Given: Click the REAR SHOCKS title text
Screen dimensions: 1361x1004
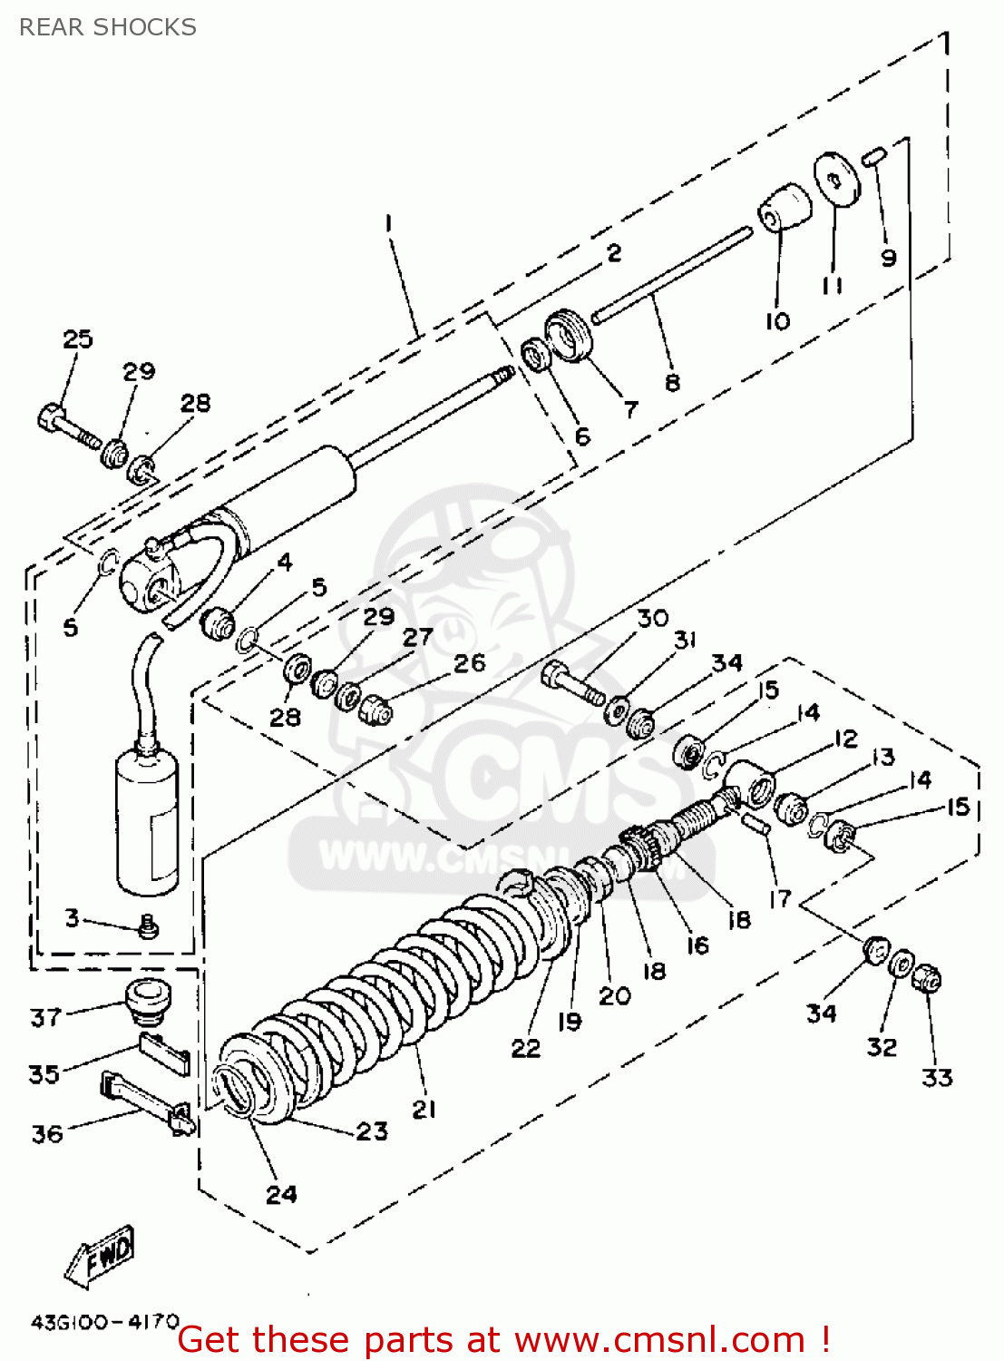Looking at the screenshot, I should pos(107,27).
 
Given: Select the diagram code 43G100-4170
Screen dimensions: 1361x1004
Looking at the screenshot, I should pos(105,1321).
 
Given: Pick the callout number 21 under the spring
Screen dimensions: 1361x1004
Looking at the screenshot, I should pos(424,1109).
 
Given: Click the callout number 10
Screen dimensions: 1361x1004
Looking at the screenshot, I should pos(777,320).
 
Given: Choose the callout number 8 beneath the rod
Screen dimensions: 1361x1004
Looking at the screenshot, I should pos(672,382).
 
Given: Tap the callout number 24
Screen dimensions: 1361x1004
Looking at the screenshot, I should pos(281,1194).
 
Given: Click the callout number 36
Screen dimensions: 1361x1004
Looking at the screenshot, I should pos(47,1133).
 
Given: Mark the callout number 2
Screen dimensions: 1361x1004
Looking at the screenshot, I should pos(614,252).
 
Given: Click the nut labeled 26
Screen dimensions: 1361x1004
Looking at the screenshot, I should pos(375,710).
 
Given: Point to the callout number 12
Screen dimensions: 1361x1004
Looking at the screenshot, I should pos(845,739).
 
